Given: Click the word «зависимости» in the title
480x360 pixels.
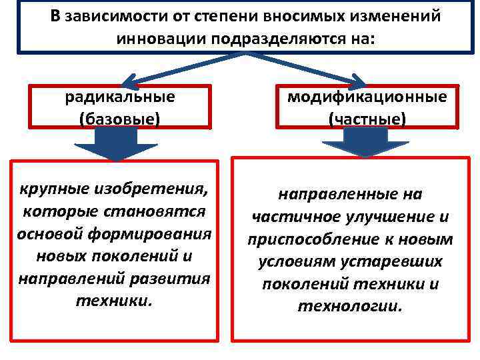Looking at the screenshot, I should point(114,16).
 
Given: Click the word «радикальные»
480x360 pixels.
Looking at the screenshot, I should point(120,97).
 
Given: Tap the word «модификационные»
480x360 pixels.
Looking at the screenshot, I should point(367,97).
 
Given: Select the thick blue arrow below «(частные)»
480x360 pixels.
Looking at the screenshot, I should point(365,143).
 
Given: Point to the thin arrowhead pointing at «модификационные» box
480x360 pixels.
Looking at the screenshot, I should point(357,81).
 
